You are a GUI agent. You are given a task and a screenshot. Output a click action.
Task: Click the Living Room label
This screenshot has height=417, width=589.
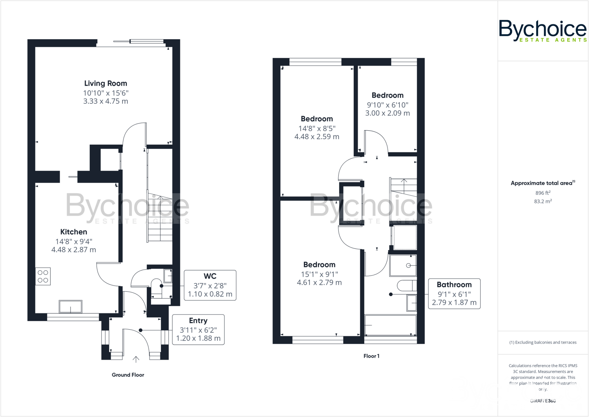tap(106, 83)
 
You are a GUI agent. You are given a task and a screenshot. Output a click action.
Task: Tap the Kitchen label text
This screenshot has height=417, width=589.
tap(74, 232)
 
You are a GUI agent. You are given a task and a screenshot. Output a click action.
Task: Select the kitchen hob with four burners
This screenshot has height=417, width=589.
tap(43, 277)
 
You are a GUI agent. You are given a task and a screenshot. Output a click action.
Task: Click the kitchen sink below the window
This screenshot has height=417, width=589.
tap(70, 306)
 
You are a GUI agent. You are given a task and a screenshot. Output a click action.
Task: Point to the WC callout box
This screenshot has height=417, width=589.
tap(210, 285)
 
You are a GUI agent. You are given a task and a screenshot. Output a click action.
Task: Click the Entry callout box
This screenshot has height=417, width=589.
tap(198, 330)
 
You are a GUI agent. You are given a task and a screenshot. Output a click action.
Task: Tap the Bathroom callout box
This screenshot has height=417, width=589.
tap(454, 294)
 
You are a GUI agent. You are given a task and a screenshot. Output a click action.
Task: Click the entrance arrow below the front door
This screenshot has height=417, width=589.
tap(136, 359)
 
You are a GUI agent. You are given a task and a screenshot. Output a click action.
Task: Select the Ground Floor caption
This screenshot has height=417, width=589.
tap(128, 375)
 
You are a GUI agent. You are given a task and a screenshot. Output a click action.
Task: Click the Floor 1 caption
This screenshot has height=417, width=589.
tap(371, 356)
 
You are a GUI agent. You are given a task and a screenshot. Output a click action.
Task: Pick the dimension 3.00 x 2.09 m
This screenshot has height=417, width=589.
tap(387, 113)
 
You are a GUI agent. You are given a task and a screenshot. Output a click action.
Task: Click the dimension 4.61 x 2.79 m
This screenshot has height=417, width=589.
tap(319, 283)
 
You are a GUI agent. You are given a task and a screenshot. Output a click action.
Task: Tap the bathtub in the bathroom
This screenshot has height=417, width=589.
tap(390, 325)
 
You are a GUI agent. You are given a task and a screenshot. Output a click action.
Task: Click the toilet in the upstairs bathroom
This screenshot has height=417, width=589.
tap(407, 286)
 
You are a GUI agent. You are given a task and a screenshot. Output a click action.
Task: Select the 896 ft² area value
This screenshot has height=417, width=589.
tap(543, 193)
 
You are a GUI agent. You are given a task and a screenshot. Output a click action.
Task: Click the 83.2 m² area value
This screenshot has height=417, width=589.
tap(543, 201)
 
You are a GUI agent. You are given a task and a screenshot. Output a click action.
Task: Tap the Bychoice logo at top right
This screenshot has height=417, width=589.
tap(542, 31)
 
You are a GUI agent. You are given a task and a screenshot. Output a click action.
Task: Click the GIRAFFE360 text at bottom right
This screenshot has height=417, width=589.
tap(543, 401)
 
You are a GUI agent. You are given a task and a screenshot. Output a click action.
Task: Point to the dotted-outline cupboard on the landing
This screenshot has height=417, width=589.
tap(405, 238)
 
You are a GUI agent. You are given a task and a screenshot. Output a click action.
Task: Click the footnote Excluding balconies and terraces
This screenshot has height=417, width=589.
tap(543, 342)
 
